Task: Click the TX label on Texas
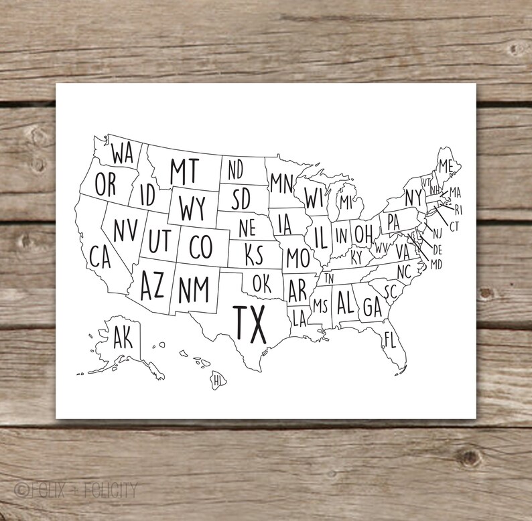pos(249,323)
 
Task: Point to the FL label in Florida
pos(390,340)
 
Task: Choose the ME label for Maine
pos(446,165)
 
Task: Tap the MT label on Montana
pos(184,171)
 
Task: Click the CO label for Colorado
pos(200,247)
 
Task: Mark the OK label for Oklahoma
pos(261,283)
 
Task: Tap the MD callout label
pos(436,265)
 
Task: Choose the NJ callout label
pos(438,234)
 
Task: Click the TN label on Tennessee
pos(329,278)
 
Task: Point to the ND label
pos(235,170)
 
